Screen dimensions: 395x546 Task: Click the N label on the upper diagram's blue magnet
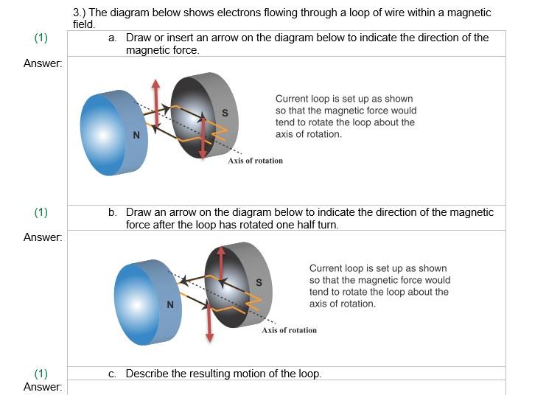pos(136,136)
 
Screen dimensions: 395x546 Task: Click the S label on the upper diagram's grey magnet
pos(225,113)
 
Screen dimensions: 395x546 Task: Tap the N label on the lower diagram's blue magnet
pos(170,304)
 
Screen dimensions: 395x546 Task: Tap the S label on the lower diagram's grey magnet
pos(259,282)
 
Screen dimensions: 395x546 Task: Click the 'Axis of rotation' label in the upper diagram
pos(255,161)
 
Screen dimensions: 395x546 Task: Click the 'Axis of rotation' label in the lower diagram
pos(289,330)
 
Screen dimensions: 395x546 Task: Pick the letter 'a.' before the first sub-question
pos(113,38)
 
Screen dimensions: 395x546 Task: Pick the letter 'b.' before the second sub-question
pos(113,212)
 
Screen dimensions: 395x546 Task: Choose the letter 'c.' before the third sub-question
pos(112,374)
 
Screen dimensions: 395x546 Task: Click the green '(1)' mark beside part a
pos(41,38)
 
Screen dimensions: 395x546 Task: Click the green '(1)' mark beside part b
pos(41,212)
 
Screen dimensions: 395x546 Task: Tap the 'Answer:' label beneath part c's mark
pos(43,387)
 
